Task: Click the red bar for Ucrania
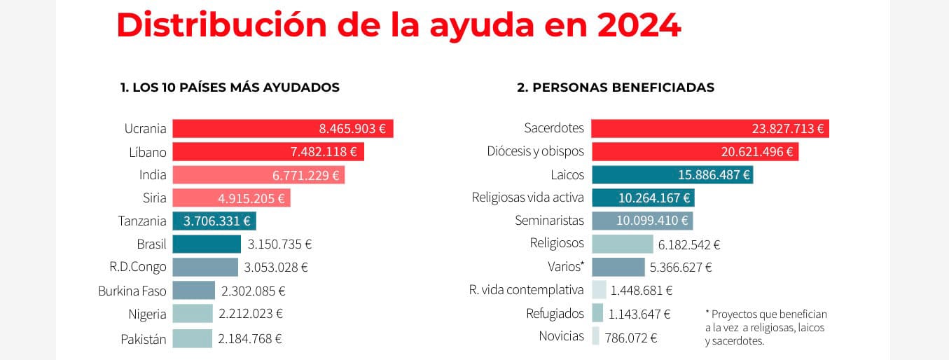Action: [282, 129]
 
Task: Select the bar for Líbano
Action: [268, 152]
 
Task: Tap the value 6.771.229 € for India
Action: [306, 175]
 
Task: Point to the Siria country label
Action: [154, 198]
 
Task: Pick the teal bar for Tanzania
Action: [214, 221]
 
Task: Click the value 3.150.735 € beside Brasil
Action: [279, 244]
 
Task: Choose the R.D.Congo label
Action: [138, 267]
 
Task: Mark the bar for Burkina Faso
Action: [193, 290]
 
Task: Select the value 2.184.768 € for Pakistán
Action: [250, 339]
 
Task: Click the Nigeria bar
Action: [192, 314]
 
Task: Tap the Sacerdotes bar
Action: [709, 129]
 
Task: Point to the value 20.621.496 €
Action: [757, 152]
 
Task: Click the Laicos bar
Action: [672, 175]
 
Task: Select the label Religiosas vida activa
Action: [527, 198]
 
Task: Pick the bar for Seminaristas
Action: [642, 221]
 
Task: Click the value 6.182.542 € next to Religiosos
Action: [689, 244]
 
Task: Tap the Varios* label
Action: [565, 267]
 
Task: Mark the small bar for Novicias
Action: [595, 337]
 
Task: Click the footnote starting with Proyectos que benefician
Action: [766, 328]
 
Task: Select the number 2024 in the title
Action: [639, 26]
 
